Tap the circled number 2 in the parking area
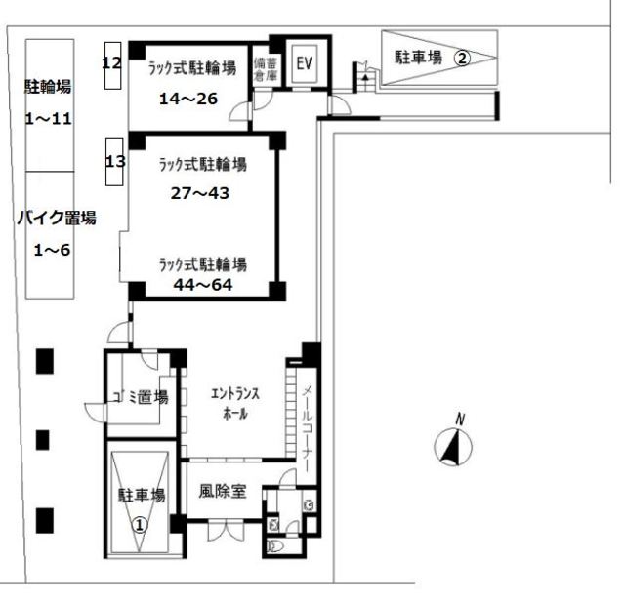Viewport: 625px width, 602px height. [x=464, y=58]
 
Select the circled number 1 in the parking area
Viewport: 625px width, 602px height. [x=140, y=524]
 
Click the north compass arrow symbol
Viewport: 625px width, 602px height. [x=452, y=448]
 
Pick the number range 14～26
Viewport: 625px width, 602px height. [x=189, y=98]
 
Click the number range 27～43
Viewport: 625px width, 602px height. [x=199, y=192]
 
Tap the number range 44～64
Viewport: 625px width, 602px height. [x=202, y=284]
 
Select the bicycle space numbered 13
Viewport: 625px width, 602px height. [x=115, y=161]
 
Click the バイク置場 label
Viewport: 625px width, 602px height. [x=56, y=219]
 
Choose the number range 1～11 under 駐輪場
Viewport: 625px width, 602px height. [x=48, y=119]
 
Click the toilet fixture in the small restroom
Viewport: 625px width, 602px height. [x=274, y=546]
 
